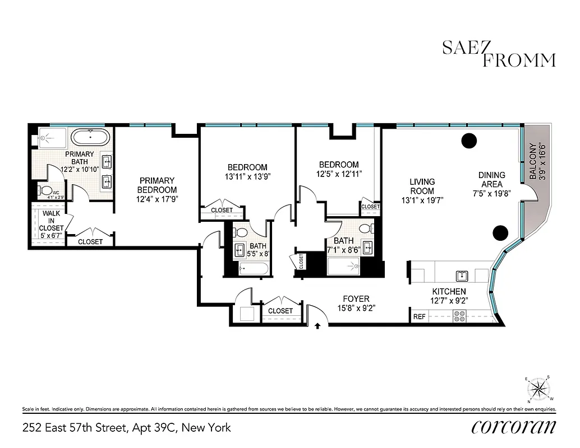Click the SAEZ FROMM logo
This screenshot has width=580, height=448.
click(499, 54)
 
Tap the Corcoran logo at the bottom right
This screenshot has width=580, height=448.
click(513, 427)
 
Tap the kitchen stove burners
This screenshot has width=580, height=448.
click(459, 316)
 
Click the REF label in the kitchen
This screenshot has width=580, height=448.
click(419, 316)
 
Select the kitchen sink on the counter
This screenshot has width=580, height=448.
click(462, 275)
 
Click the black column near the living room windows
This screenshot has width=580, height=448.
click(469, 141)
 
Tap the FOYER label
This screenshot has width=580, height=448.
click(356, 299)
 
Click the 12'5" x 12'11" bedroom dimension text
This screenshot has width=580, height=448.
click(338, 174)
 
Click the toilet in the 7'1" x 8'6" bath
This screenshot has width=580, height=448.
click(365, 229)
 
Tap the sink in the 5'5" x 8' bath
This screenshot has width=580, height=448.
click(240, 249)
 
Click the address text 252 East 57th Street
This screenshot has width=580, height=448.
click(126, 428)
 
